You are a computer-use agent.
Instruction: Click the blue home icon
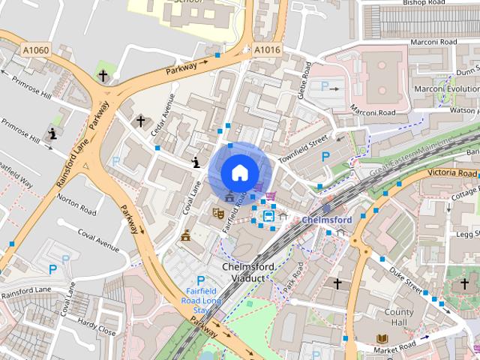239,172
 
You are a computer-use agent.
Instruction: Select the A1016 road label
266,50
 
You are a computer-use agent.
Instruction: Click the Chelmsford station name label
327,220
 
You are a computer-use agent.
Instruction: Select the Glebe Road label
307,77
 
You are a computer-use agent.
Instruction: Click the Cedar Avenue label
162,119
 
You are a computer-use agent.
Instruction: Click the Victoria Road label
452,173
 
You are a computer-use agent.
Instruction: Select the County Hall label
398,317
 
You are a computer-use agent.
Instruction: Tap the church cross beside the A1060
103,76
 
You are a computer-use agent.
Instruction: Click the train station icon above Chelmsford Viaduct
268,217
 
